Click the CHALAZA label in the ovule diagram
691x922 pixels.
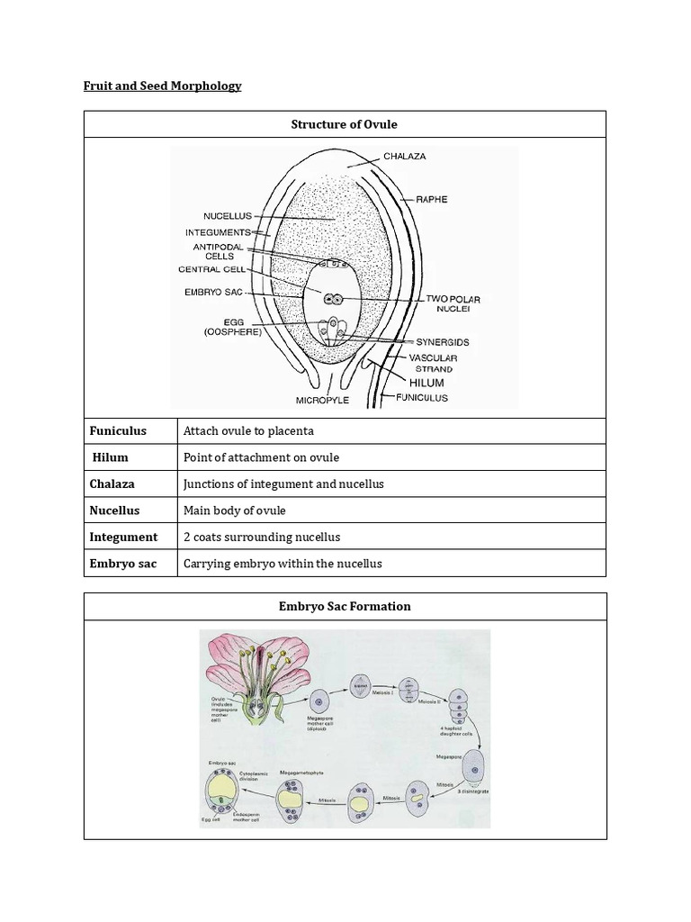405,157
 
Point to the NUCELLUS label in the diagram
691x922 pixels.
229,216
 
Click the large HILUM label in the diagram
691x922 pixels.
426,383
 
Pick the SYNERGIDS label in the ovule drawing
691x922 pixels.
442,342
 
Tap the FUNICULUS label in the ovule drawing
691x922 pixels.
422,397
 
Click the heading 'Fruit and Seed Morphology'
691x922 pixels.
163,86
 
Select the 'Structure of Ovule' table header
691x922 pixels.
345,124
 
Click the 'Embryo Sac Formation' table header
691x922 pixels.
345,606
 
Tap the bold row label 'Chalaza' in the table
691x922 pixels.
112,484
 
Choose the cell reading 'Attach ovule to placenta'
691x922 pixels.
248,431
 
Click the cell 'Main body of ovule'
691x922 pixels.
234,511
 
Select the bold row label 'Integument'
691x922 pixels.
123,537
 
